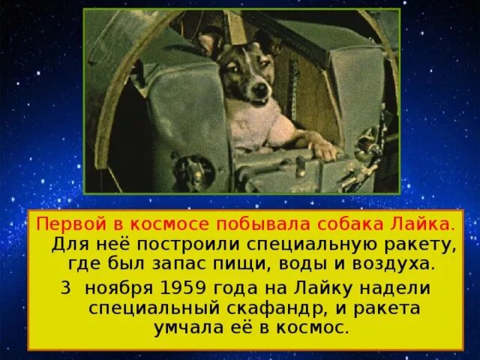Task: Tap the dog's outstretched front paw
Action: (x=325, y=150)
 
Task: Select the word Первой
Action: (x=64, y=224)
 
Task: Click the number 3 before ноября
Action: (x=67, y=289)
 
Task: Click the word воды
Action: (x=310, y=263)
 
